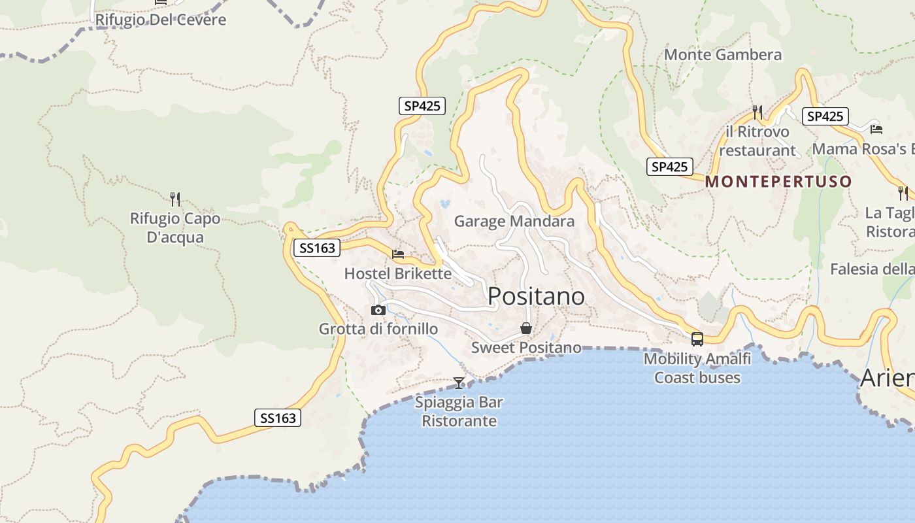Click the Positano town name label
pos(536,296)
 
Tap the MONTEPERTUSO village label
pos(778,182)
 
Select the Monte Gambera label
pos(723,55)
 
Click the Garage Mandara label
pos(514,221)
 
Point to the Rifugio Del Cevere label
pos(161,20)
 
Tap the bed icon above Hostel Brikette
pos(398,254)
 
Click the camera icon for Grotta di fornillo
pos(378,310)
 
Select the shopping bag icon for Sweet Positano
pos(526,328)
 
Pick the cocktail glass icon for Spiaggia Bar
pos(459,382)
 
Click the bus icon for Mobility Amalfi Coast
pos(697,339)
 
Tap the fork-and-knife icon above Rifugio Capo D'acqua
pos(175,199)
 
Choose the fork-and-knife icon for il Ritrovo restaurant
pos(757,112)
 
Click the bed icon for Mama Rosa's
pos(876,128)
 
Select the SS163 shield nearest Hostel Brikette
pos(316,248)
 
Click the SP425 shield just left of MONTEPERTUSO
pos(669,167)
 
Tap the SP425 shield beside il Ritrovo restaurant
pos(825,116)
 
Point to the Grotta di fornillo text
pos(378,329)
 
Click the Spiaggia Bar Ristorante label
pos(459,411)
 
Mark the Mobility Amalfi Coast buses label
pos(697,368)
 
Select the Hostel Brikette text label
pos(398,273)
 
